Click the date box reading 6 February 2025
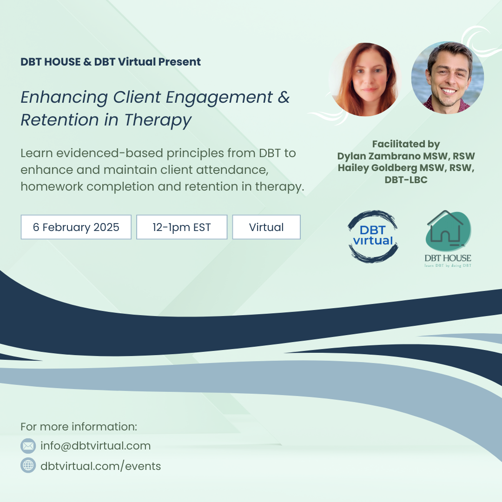(x=76, y=227)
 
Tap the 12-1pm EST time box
(x=182, y=227)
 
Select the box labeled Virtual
(x=266, y=227)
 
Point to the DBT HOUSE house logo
(x=448, y=238)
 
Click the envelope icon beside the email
(x=28, y=446)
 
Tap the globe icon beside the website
(x=28, y=465)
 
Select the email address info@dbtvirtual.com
(x=95, y=446)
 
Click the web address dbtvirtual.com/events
(x=100, y=466)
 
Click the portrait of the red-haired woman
(x=365, y=79)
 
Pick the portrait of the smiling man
(x=448, y=78)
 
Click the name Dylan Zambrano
(x=379, y=156)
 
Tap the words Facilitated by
(x=406, y=145)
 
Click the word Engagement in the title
(x=219, y=98)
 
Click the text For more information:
(x=79, y=426)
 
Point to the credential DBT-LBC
(x=406, y=180)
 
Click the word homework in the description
(x=52, y=186)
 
